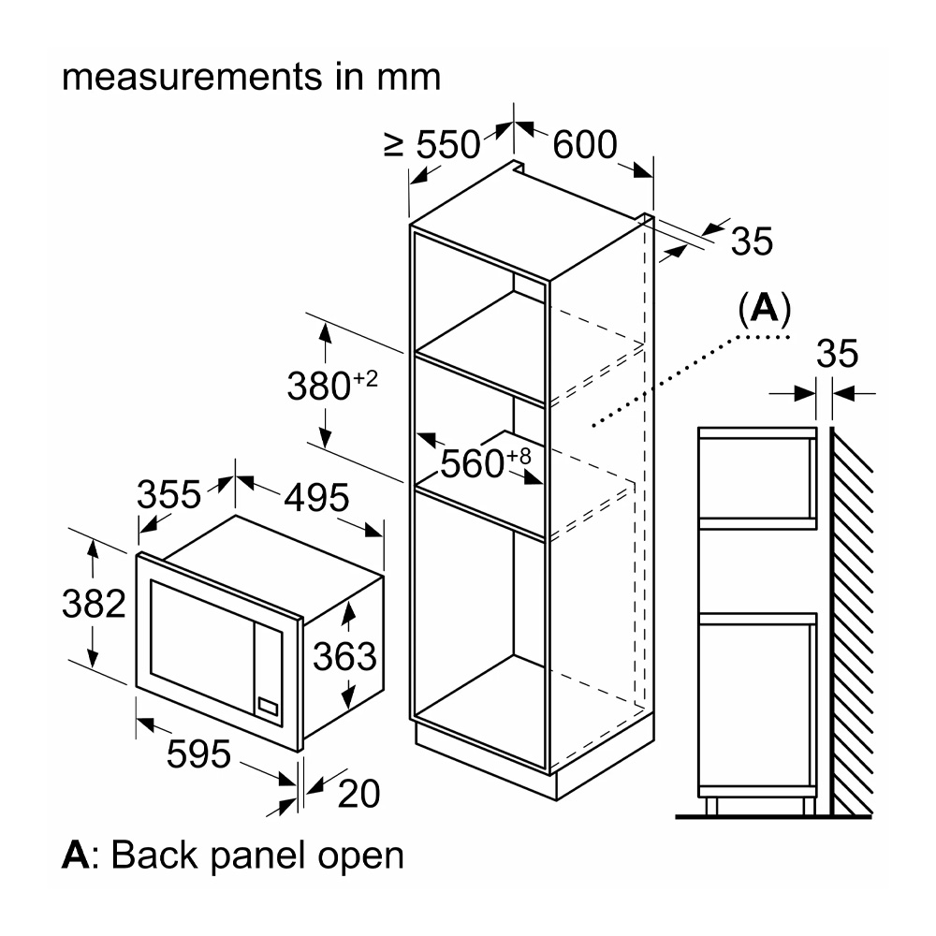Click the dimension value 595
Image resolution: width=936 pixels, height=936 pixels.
pos(198,753)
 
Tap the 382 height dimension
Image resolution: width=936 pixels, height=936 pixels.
pos(94,605)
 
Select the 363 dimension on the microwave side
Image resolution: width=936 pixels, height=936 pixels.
pos(344,657)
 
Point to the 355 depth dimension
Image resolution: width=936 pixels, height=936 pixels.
pos(169,493)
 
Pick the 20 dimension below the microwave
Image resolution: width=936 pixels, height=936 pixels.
pos(358,794)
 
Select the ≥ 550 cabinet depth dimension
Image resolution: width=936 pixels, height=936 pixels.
pos(432,145)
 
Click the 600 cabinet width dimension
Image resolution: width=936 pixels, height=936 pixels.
pos(585,144)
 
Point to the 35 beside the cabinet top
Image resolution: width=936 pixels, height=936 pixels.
pos(752,241)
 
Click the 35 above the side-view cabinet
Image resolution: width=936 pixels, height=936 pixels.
pos(837,355)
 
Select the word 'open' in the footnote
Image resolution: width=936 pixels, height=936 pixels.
pos(360,855)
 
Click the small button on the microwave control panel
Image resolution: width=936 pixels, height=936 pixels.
pos(269,709)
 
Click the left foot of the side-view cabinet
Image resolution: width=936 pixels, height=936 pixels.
pos(709,806)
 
